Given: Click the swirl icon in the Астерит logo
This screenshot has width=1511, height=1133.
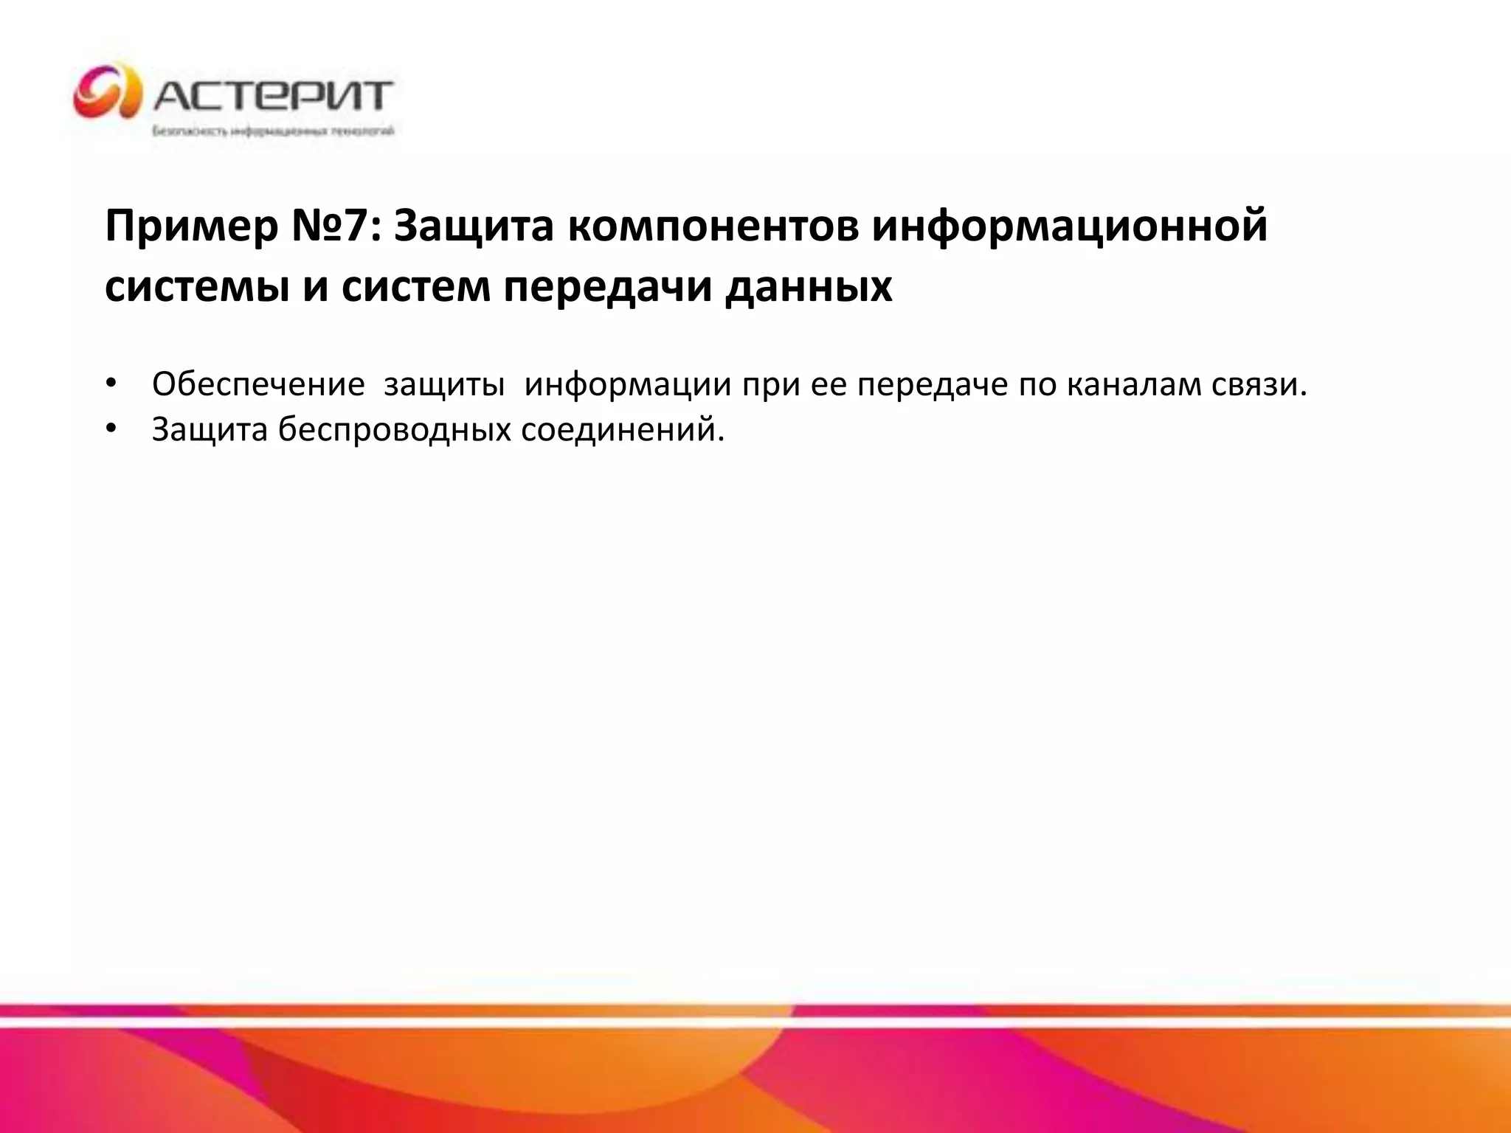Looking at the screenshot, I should tap(108, 93).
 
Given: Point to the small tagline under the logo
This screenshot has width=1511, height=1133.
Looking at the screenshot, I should tap(273, 132).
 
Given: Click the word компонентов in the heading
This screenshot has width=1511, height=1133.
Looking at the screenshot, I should tap(713, 226).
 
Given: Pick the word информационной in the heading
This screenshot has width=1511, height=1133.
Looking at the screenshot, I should tap(1070, 226).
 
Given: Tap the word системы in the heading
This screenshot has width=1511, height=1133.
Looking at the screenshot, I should tap(197, 287).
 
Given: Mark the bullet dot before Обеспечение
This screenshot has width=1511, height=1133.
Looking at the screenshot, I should tap(111, 384).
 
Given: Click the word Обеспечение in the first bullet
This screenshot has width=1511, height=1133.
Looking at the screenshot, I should tap(258, 384).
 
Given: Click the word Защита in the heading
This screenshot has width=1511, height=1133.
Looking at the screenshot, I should tap(474, 226).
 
